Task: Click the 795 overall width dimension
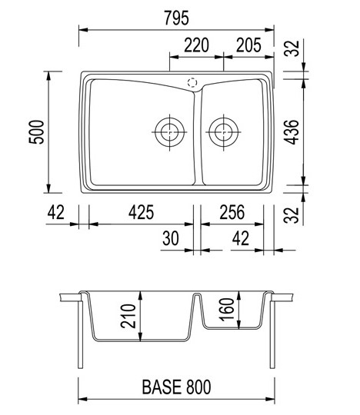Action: point(176,18)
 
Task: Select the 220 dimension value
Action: point(197,45)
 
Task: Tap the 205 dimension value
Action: point(248,45)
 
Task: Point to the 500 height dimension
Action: point(36,132)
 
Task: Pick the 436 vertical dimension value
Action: point(292,132)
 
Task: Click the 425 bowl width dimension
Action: point(141,212)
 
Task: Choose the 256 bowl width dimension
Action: point(232,212)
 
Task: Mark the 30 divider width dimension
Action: point(171,238)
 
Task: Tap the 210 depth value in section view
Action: point(128,316)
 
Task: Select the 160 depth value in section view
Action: point(227,310)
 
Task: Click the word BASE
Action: point(162,387)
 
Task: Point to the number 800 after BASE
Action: point(198,387)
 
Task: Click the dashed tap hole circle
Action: point(192,82)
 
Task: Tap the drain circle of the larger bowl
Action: point(169,132)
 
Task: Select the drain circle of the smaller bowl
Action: point(224,132)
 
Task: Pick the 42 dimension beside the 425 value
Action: point(56,212)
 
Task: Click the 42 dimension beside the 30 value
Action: point(241,238)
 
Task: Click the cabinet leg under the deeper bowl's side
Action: point(81,334)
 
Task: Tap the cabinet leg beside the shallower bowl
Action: point(272,334)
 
